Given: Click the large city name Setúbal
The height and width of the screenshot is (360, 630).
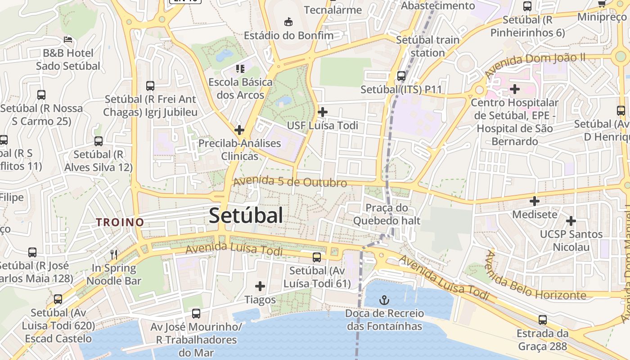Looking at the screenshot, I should pyautogui.click(x=246, y=216).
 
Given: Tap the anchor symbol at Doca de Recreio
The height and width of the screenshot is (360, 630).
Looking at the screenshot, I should pyautogui.click(x=384, y=300).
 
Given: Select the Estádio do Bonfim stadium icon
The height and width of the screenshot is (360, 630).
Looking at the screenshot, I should pyautogui.click(x=288, y=22).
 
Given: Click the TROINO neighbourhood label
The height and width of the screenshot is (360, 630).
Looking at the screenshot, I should pyautogui.click(x=120, y=222).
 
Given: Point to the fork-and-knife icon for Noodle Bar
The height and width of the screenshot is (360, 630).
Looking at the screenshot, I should pyautogui.click(x=114, y=255).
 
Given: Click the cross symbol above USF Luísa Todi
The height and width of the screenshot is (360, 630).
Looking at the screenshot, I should pyautogui.click(x=323, y=112).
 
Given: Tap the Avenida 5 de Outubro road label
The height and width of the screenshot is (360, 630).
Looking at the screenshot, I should pyautogui.click(x=290, y=182).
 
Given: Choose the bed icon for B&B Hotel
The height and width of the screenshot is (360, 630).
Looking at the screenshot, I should pyautogui.click(x=68, y=40).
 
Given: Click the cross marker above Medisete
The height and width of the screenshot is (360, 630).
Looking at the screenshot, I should pyautogui.click(x=535, y=201).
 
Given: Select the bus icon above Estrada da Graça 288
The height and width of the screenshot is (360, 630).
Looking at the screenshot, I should pyautogui.click(x=543, y=320).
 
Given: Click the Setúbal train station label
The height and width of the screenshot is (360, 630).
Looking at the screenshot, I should pyautogui.click(x=427, y=46).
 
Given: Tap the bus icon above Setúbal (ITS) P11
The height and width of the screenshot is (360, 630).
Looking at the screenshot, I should pyautogui.click(x=401, y=76).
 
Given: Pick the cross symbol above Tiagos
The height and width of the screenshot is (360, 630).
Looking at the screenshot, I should pyautogui.click(x=260, y=286).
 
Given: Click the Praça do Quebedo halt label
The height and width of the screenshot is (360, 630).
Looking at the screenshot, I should pyautogui.click(x=387, y=214).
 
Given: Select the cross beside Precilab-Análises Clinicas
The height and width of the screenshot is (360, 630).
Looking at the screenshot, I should pyautogui.click(x=239, y=130).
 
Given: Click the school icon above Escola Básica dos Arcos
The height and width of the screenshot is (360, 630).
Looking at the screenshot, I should pyautogui.click(x=240, y=69).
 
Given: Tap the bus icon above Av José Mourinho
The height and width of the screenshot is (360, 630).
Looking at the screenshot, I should pyautogui.click(x=196, y=314).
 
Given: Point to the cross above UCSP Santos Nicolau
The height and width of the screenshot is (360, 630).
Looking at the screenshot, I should pyautogui.click(x=571, y=221).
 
